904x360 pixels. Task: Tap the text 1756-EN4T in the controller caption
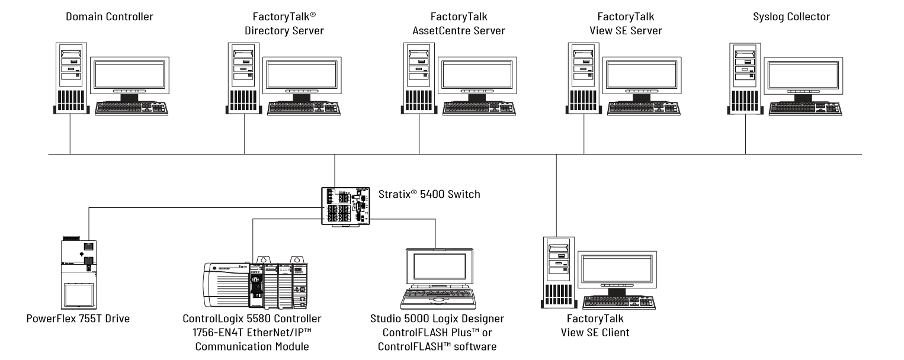tap(212, 333)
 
